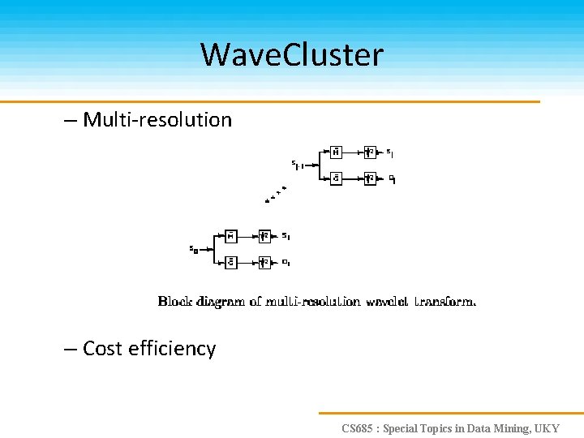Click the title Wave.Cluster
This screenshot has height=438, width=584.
tap(291, 55)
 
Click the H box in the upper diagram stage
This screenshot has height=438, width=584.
tap(336, 152)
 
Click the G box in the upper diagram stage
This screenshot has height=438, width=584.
tap(336, 178)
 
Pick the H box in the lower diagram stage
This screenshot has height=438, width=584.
tap(230, 236)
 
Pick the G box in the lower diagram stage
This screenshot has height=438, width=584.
tap(230, 262)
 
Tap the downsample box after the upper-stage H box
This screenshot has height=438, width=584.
tap(370, 152)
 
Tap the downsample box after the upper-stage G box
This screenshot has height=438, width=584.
tap(370, 178)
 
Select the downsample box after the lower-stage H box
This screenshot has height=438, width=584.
tap(264, 236)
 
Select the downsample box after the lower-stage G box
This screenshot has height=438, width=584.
tap(264, 262)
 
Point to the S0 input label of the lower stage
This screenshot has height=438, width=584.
tap(194, 250)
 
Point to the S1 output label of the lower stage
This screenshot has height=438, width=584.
tap(286, 236)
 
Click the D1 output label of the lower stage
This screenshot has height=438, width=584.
tap(286, 262)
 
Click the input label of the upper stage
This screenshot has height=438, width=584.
tap(298, 165)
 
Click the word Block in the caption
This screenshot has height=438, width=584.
tap(174, 302)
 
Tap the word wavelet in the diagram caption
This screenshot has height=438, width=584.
tap(387, 302)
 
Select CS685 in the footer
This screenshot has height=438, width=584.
tap(359, 428)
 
